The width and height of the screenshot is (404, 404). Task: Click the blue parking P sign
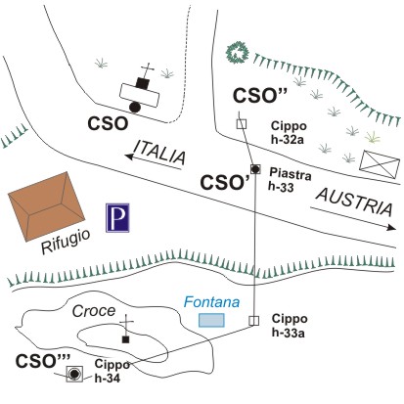click(x=117, y=217)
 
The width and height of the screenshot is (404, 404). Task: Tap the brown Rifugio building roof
click(x=46, y=206)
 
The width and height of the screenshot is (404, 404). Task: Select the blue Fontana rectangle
click(x=211, y=320)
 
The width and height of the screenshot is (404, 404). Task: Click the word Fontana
click(x=211, y=302)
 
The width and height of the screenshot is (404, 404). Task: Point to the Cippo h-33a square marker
click(x=253, y=321)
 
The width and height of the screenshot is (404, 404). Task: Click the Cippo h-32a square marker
click(x=242, y=124)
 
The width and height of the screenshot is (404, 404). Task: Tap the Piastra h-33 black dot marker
click(x=255, y=169)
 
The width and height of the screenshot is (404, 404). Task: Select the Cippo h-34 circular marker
click(x=74, y=374)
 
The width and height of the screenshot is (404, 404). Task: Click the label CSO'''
click(x=43, y=361)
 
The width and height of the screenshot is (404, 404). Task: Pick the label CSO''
click(x=260, y=96)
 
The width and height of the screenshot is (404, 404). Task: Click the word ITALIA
click(x=159, y=153)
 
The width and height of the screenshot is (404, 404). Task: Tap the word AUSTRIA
click(x=354, y=202)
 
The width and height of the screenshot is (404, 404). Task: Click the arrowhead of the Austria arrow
click(x=391, y=227)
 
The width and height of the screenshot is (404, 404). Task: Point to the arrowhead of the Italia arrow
click(x=130, y=157)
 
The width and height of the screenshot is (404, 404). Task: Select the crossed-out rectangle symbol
click(x=380, y=164)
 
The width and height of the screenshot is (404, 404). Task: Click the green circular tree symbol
click(x=238, y=53)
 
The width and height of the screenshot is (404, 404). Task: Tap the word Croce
click(x=94, y=311)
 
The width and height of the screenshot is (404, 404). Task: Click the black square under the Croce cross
click(x=125, y=339)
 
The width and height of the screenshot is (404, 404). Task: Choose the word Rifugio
click(x=66, y=242)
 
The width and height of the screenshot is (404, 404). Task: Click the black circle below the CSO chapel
click(x=135, y=107)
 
